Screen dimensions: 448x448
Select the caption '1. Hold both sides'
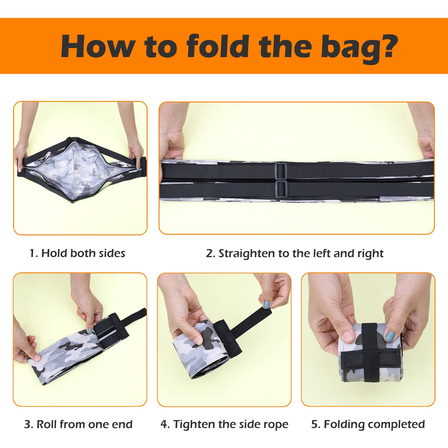coord(77,253)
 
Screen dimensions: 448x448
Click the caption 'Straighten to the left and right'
coord(301,254)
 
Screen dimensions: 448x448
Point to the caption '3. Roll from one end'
coord(78,424)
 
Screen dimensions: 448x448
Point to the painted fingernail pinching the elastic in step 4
coord(266,305)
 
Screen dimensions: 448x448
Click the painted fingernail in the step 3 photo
coord(90,330)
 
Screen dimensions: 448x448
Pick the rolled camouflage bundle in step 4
coord(197,349)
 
